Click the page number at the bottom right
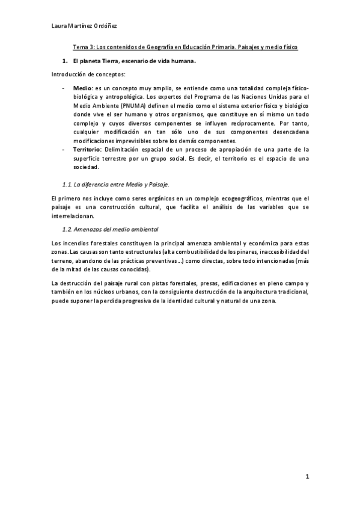click(307, 478)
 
